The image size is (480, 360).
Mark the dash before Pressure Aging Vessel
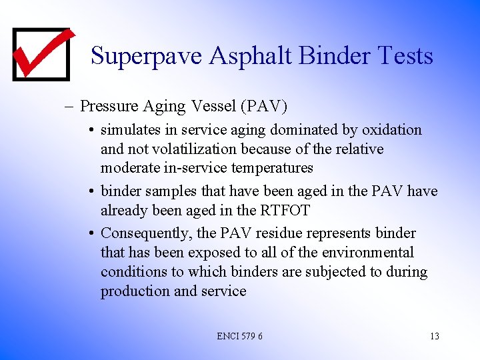click(70, 106)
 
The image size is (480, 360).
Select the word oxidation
click(392, 129)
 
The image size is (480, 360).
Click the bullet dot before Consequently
click(90, 234)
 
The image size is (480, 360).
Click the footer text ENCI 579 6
click(239, 336)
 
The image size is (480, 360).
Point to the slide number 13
click(434, 336)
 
